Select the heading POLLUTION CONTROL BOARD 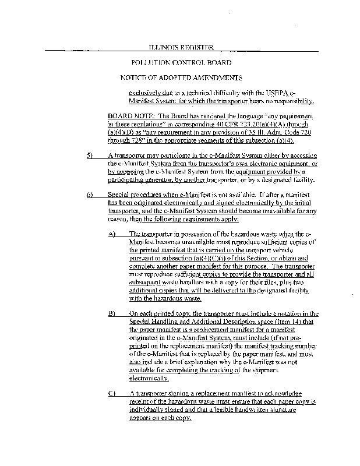click(181, 62)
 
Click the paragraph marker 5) click(90, 156)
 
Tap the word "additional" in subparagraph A click(143, 290)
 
